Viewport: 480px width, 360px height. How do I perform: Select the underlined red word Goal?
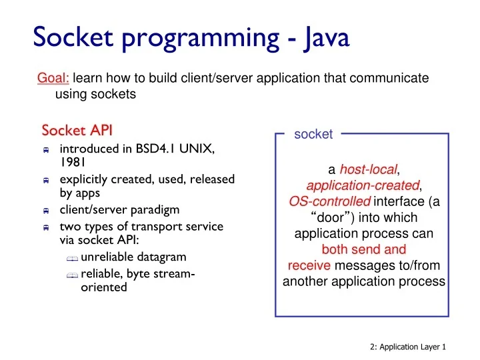[53, 79]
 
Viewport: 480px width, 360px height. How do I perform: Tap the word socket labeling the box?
[313, 135]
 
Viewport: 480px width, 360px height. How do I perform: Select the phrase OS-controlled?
[329, 201]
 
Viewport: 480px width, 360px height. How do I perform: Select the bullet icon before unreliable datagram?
[73, 259]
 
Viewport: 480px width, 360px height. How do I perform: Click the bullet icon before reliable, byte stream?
[73, 275]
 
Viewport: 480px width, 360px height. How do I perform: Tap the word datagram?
[160, 257]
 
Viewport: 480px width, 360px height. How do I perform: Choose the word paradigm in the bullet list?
[155, 209]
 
